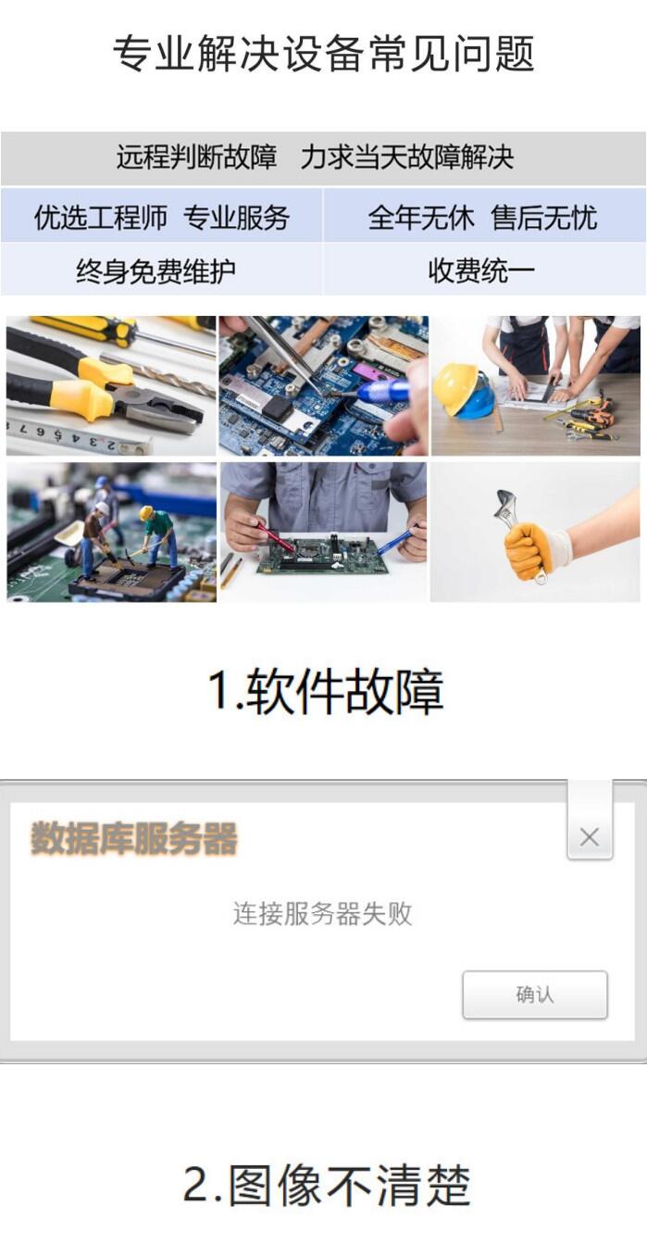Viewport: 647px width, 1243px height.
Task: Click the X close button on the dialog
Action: click(589, 836)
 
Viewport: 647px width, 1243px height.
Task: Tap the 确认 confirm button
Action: click(535, 995)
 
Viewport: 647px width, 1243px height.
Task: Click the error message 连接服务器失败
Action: click(322, 914)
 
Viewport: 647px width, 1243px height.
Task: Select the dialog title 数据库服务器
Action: click(133, 838)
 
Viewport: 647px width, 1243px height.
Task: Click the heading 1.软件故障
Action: click(326, 691)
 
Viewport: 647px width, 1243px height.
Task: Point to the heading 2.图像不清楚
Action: click(327, 1186)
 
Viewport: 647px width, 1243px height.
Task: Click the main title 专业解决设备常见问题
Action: click(324, 54)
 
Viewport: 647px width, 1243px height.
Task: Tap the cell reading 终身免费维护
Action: click(156, 271)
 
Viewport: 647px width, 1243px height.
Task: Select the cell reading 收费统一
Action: click(481, 270)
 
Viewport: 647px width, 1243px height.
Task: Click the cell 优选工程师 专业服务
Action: click(161, 217)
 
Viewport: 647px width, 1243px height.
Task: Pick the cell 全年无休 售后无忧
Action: click(482, 217)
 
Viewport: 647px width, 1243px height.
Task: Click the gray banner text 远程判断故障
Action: click(196, 157)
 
